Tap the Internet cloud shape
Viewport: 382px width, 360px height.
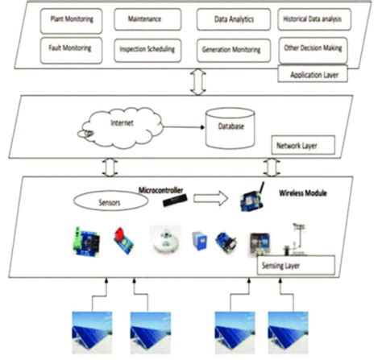click(x=109, y=126)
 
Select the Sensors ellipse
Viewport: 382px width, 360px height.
click(x=111, y=199)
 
